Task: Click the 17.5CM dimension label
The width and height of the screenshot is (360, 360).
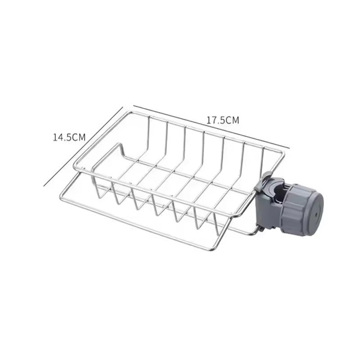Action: pyautogui.click(x=222, y=120)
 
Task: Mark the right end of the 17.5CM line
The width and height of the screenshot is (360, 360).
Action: pyautogui.click(x=289, y=146)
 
